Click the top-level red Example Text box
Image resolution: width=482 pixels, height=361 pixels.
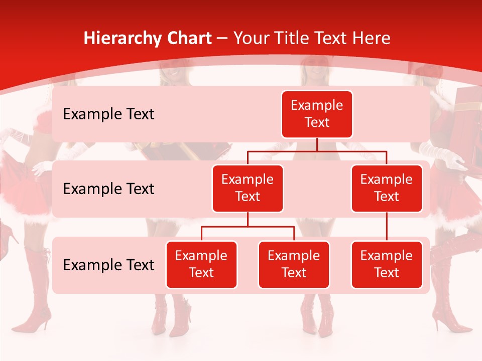[x=317, y=114]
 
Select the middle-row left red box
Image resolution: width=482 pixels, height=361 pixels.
[x=248, y=189]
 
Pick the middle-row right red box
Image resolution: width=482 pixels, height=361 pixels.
[x=387, y=189]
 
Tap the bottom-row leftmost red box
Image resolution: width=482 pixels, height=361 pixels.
[x=201, y=265]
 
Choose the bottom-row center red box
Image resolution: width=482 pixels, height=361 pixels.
[x=294, y=265]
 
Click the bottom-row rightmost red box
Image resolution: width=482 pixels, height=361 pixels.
[x=387, y=265]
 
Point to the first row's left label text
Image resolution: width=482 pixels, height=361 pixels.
[x=108, y=114]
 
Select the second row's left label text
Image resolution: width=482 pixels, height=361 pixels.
[x=108, y=189]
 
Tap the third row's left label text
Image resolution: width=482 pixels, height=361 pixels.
[x=108, y=265]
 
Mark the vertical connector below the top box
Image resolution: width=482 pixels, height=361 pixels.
[x=317, y=144]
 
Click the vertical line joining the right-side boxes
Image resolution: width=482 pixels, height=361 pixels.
[x=387, y=227]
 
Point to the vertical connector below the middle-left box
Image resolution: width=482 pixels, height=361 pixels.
[x=248, y=219]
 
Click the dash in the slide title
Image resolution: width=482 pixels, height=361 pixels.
[x=222, y=39]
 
